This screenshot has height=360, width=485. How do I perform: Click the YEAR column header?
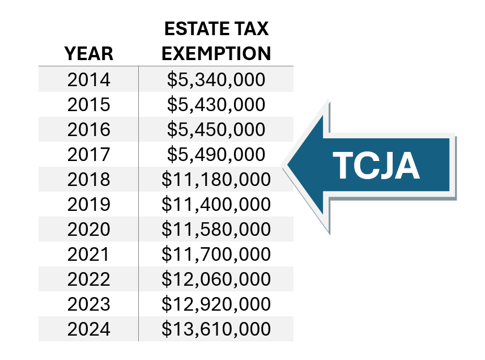88,53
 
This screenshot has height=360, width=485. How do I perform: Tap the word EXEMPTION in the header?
216,53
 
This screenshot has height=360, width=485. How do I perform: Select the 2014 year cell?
88,80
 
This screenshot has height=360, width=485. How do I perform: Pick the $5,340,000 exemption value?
216,80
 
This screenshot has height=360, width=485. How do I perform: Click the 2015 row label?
88,105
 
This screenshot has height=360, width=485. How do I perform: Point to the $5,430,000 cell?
216,105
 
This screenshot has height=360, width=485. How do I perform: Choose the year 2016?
88,130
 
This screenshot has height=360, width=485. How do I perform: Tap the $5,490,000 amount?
216,155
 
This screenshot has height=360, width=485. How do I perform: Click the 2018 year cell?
88,180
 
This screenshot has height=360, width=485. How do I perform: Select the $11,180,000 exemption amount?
216,180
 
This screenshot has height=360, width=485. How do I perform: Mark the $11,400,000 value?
216,205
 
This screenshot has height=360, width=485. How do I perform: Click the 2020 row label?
88,230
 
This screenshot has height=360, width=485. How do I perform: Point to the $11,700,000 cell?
216,255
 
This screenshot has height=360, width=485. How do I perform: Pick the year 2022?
88,279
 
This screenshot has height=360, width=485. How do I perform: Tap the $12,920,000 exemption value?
216,304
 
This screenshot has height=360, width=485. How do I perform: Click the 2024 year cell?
88,329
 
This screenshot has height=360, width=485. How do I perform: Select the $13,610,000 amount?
216,329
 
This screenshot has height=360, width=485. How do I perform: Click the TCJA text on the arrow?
376,166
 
